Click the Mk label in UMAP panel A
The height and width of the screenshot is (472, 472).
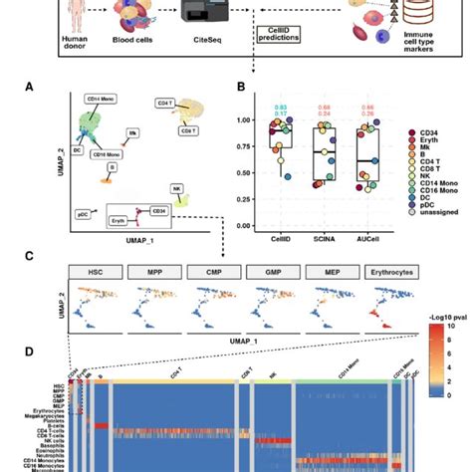coord(132,130)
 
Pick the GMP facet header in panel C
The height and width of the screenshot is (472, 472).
coord(272,272)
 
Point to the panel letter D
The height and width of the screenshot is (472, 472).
coord(31,352)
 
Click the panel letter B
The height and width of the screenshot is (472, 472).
coord(240,87)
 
